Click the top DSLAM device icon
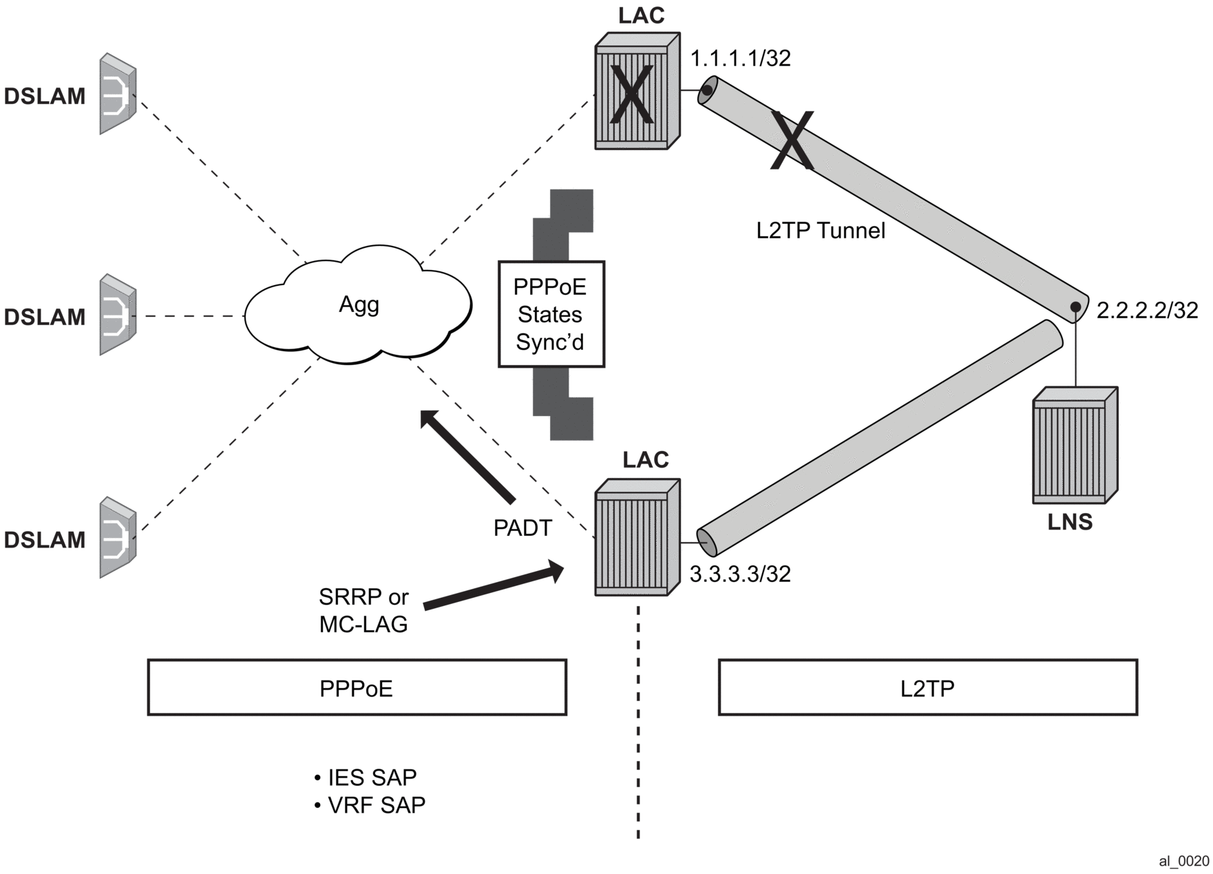[118, 94]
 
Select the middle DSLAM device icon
[118, 315]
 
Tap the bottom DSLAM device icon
[118, 538]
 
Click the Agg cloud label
[359, 304]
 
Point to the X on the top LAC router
[631, 96]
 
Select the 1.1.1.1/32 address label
[741, 59]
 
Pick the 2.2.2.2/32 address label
[1147, 311]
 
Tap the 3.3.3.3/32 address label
[740, 574]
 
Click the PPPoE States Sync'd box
[551, 314]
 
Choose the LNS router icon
[1074, 446]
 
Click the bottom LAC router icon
[637, 537]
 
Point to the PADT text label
[523, 528]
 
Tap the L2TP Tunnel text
[821, 231]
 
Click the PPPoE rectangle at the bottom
[357, 688]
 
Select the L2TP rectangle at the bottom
[927, 688]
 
